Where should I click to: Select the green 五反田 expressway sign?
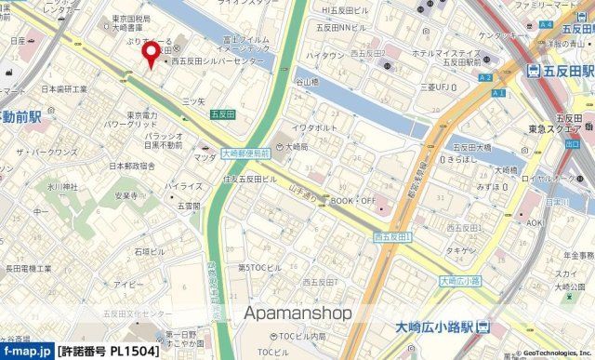click(x=221, y=114)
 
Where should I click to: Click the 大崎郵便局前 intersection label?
click(x=246, y=153)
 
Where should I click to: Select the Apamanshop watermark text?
click(x=297, y=313)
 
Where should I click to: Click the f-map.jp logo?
click(x=25, y=353)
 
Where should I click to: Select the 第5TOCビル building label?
click(x=258, y=268)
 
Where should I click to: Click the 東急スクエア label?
click(x=567, y=129)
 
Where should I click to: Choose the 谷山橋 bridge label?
click(x=307, y=81)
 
